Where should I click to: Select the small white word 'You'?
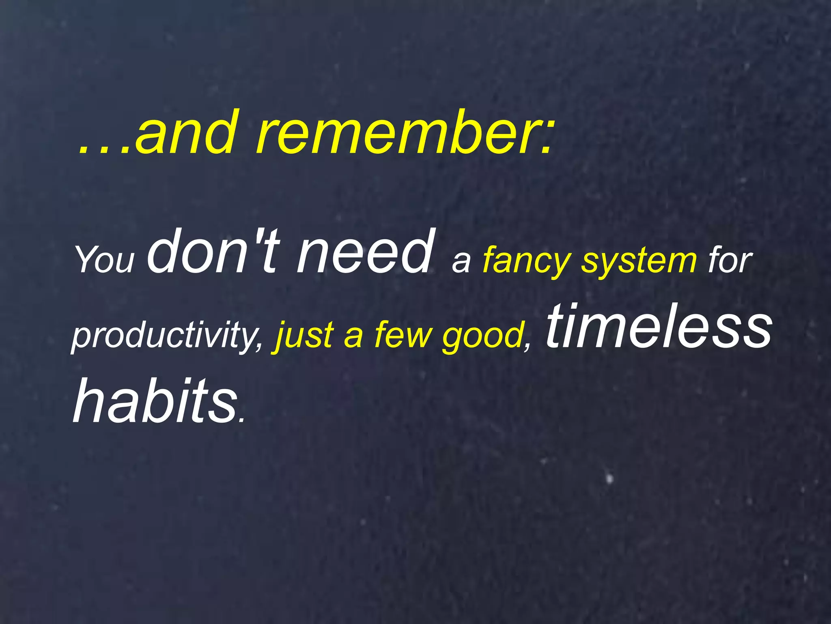point(105,260)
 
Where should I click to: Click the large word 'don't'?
point(213,251)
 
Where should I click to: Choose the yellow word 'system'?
point(639,262)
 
